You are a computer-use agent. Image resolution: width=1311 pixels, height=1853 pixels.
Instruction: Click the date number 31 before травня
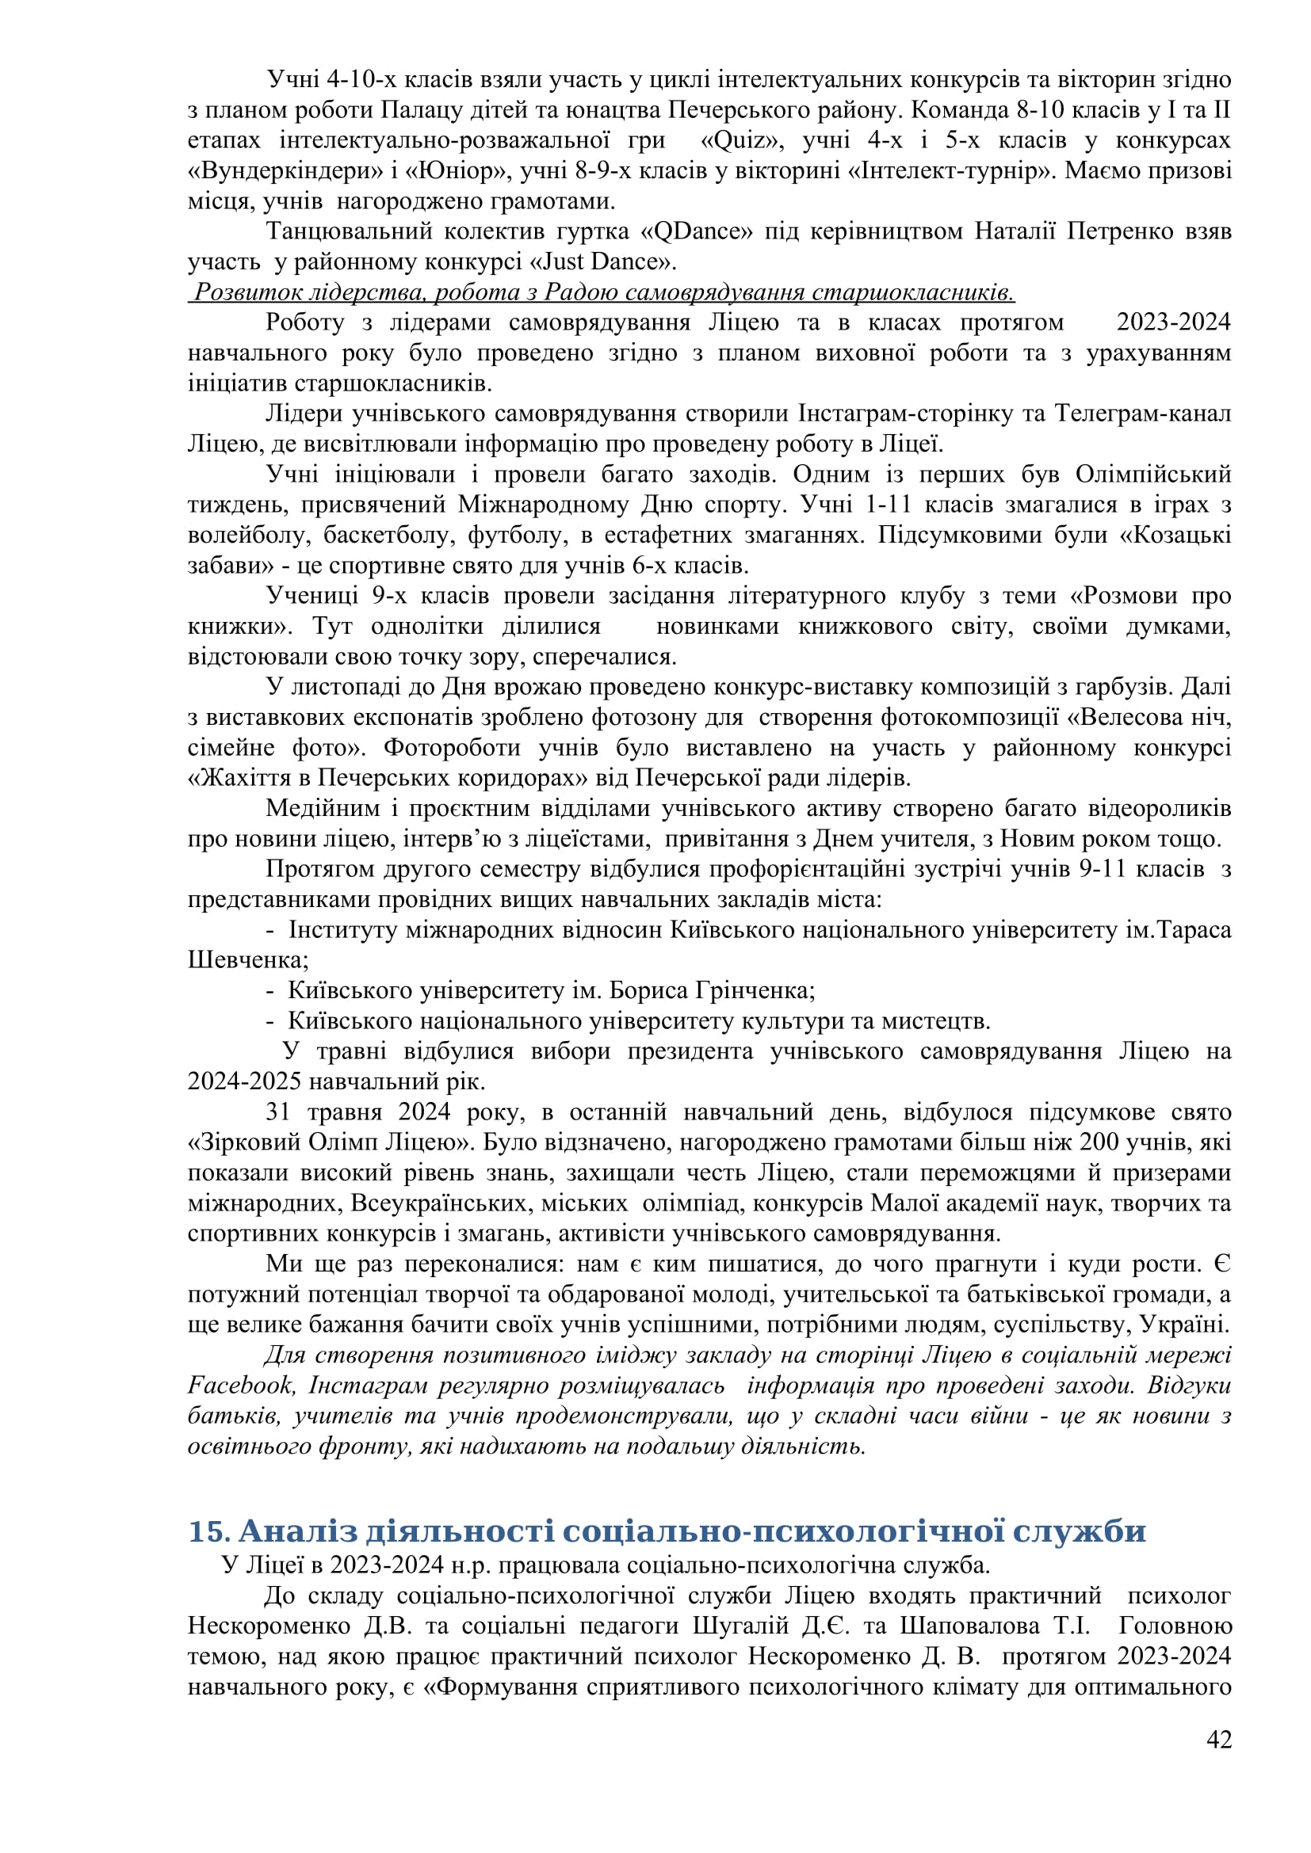(277, 1112)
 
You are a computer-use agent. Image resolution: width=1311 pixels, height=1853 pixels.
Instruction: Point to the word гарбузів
(1119, 687)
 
